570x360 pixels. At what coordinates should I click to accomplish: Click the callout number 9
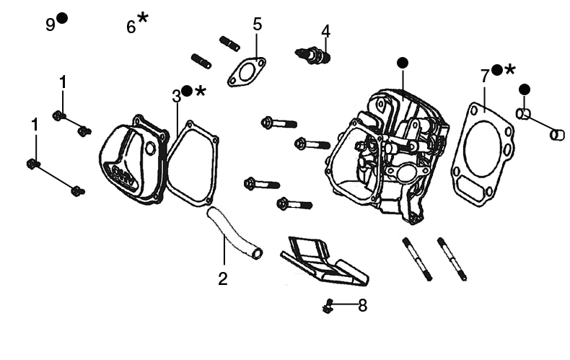(x=50, y=25)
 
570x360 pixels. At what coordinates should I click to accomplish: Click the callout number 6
(x=131, y=27)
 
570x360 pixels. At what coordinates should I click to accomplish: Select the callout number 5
(x=258, y=24)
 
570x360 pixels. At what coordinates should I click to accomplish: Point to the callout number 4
(x=326, y=32)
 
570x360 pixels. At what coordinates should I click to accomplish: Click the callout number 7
(x=485, y=76)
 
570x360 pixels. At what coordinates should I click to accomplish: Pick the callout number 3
(x=176, y=96)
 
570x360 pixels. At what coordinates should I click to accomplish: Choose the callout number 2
(x=223, y=278)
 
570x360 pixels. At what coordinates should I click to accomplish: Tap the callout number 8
(x=362, y=306)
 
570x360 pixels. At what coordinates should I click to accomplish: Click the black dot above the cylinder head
(x=402, y=63)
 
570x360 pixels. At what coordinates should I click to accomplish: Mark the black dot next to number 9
(x=62, y=19)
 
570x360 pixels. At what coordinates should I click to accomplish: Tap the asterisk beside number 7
(x=510, y=69)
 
